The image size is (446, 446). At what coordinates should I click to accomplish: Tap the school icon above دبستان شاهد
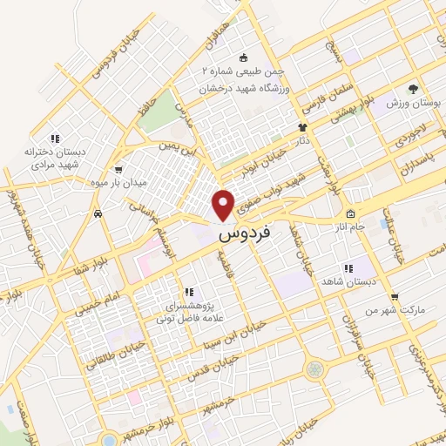pos(348,269)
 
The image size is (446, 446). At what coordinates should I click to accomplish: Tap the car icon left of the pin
pos(98,213)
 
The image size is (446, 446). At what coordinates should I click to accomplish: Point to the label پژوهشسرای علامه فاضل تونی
pos(187,312)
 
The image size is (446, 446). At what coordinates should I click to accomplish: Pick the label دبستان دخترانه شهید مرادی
pos(57,157)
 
